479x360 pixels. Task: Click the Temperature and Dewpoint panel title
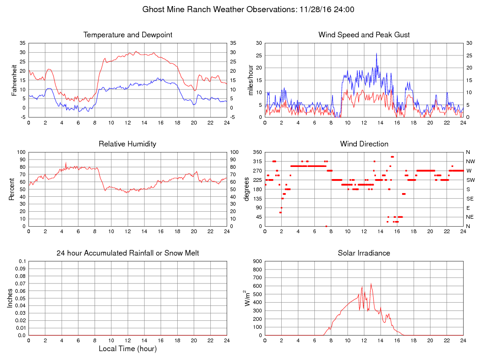click(128, 35)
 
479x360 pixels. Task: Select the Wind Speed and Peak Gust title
click(364, 35)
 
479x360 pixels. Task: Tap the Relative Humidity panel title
click(127, 144)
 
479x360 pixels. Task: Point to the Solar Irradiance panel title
click(364, 253)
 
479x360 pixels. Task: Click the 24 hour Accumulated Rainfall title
click(128, 253)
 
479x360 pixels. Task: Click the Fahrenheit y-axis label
click(14, 80)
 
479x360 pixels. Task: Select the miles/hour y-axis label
click(250, 80)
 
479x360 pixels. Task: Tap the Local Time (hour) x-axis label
click(128, 348)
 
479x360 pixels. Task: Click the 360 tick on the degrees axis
click(257, 152)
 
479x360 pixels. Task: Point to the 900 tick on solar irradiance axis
click(257, 261)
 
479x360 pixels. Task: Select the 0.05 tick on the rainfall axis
click(21, 298)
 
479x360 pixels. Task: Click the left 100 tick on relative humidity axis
click(21, 152)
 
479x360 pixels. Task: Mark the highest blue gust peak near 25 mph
click(376, 54)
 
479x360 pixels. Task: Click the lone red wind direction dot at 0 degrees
click(326, 226)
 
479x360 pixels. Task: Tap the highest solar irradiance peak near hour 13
click(371, 284)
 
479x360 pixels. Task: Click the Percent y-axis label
click(12, 189)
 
